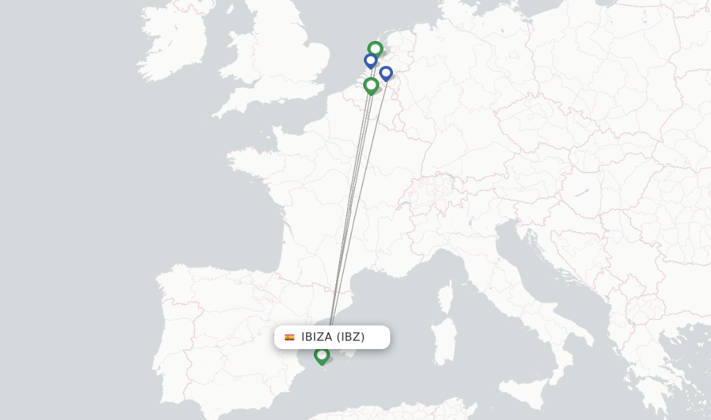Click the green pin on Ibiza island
coord(321,355)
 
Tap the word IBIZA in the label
coord(317,337)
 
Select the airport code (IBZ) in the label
coord(351,337)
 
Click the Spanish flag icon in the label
coord(290,337)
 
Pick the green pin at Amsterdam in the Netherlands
coord(375,49)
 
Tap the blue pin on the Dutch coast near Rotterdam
coord(371,60)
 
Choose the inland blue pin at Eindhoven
coord(386,72)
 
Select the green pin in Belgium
coord(371,85)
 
